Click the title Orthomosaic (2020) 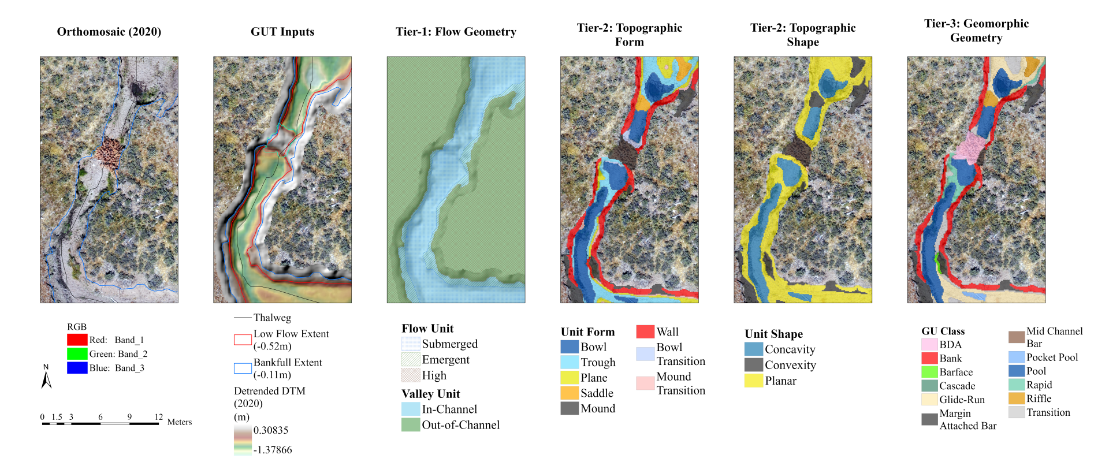(x=109, y=32)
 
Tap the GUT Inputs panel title (x=282, y=32)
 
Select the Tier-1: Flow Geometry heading (x=456, y=32)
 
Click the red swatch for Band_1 (x=77, y=340)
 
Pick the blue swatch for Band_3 (x=77, y=367)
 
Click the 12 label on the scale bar (x=159, y=416)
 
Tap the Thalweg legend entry (x=271, y=318)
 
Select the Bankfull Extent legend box (x=243, y=368)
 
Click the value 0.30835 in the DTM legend (x=270, y=430)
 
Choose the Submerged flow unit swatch (x=411, y=344)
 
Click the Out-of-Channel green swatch (x=411, y=424)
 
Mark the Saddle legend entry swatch (x=570, y=393)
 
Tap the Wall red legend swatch (x=645, y=331)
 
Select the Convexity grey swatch (x=754, y=365)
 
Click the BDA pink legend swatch (x=929, y=344)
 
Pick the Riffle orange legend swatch (x=1017, y=398)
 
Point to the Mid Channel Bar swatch (x=1017, y=337)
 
